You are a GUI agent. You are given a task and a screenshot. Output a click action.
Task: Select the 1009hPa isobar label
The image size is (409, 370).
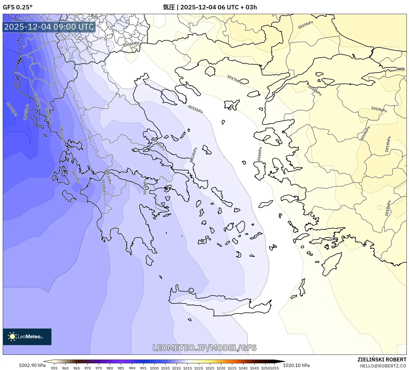(x=75, y=176)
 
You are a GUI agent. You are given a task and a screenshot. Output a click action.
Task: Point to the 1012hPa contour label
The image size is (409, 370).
(x=144, y=187)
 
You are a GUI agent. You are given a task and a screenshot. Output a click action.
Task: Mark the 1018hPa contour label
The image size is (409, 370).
(x=315, y=90)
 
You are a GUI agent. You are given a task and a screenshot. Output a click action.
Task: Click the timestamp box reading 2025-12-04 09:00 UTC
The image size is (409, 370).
(x=49, y=27)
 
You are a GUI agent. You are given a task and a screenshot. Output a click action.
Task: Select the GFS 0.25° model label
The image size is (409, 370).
(x=17, y=7)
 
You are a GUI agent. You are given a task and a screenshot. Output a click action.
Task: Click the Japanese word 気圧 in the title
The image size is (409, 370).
(x=169, y=7)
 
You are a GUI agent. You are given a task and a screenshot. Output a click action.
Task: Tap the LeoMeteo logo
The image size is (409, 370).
(x=27, y=337)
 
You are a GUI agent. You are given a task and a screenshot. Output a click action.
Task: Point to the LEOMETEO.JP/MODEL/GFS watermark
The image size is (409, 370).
(x=205, y=348)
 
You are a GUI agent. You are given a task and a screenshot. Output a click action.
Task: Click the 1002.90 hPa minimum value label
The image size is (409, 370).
(x=32, y=365)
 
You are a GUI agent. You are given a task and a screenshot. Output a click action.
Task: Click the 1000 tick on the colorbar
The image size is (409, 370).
(x=154, y=368)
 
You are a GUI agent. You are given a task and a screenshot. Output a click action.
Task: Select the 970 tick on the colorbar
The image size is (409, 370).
(x=88, y=368)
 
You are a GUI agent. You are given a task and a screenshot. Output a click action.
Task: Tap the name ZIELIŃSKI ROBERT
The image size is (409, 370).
(x=382, y=360)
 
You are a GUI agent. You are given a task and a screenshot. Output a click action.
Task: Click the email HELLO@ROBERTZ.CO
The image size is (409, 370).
(x=383, y=366)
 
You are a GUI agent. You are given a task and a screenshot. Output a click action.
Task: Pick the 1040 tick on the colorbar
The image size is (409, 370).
(x=243, y=368)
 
